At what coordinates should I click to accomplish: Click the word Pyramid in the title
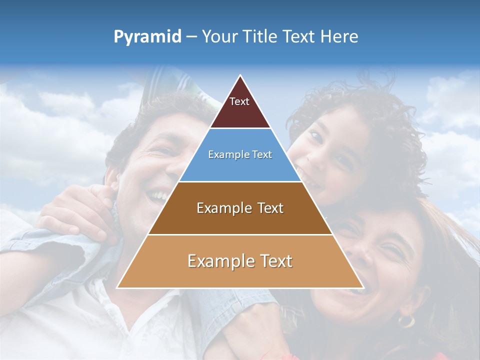pyautogui.click(x=147, y=37)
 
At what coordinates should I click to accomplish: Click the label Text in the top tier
pyautogui.click(x=239, y=101)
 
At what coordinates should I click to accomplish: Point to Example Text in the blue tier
pyautogui.click(x=240, y=154)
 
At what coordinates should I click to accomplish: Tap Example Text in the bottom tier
pyautogui.click(x=240, y=261)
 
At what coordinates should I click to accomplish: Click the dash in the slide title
pyautogui.click(x=191, y=37)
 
